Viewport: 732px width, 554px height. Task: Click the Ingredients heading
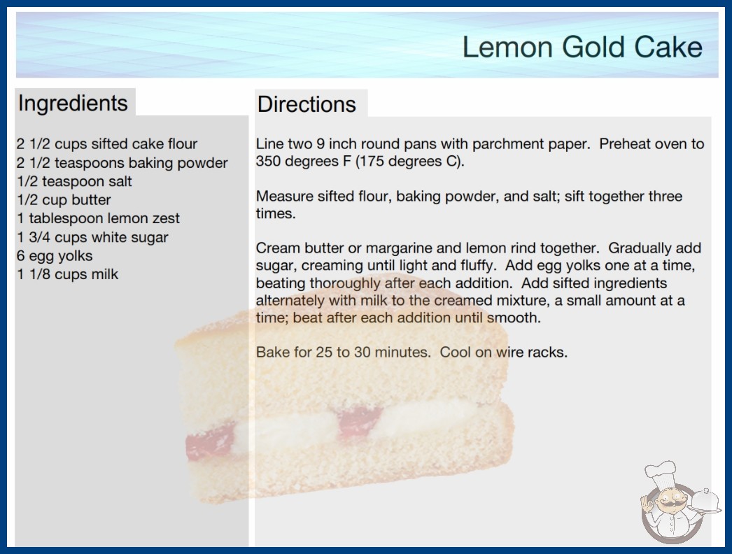[x=73, y=104]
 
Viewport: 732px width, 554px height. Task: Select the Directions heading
[x=307, y=104]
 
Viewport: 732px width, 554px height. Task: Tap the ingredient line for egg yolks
[x=55, y=256]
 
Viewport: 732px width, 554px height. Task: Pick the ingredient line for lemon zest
[x=99, y=218]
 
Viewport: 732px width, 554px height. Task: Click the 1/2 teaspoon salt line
[x=75, y=181]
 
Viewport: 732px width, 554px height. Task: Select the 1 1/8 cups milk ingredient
[x=68, y=274]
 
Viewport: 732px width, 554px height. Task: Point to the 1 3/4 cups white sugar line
[x=92, y=237]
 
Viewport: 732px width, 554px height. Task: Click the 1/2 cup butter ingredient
[x=64, y=200]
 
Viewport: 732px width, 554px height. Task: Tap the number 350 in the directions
[x=268, y=161]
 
